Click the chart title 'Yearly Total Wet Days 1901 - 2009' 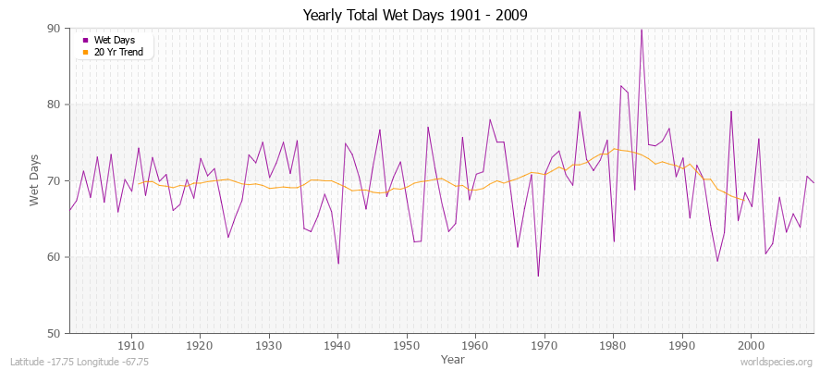click(x=415, y=16)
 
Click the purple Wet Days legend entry click(x=114, y=40)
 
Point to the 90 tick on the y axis click(x=54, y=29)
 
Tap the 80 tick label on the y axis click(x=54, y=105)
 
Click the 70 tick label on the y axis click(x=54, y=180)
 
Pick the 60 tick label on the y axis click(x=54, y=257)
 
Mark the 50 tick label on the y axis click(x=54, y=333)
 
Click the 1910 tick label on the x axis click(x=130, y=346)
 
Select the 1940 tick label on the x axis click(x=337, y=346)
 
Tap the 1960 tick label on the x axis click(x=475, y=346)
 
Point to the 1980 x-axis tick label click(x=613, y=346)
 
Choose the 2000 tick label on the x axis click(x=751, y=346)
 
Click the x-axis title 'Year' click(x=453, y=359)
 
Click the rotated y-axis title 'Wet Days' click(x=34, y=181)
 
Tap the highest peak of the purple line click(x=642, y=30)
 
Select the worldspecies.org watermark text click(x=777, y=363)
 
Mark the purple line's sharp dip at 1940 click(x=338, y=264)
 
